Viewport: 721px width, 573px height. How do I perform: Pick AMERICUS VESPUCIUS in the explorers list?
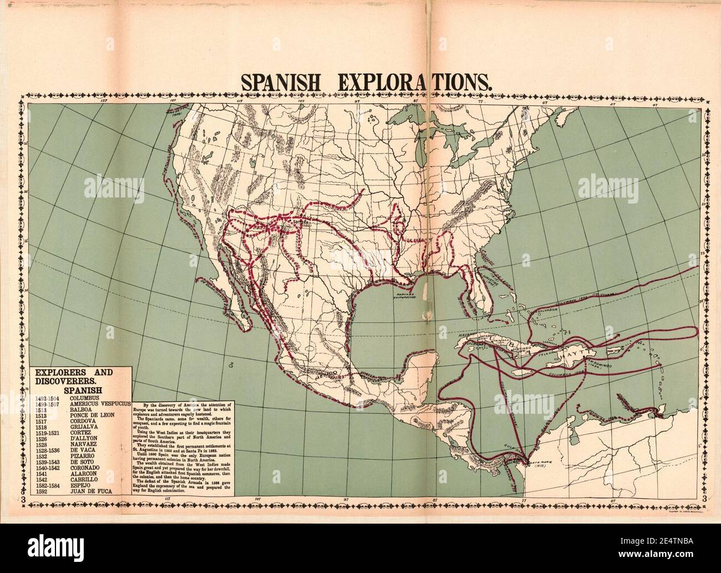[x=100, y=405]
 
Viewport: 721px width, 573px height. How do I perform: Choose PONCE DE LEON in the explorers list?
[x=92, y=419]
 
